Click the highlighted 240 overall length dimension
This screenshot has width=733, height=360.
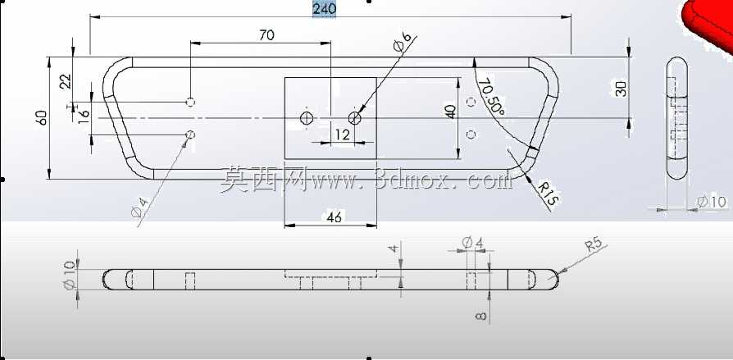coord(324,9)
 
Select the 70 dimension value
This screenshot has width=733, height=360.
coord(266,35)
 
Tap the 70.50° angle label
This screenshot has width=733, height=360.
coord(492,97)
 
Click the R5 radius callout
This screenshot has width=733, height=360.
coord(594,245)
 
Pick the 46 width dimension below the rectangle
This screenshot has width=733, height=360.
coord(335,217)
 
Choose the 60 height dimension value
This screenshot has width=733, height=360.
coord(42,117)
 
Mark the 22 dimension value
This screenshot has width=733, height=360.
coord(66,81)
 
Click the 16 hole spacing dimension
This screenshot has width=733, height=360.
coord(84,114)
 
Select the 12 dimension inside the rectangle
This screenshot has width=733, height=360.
coord(342,134)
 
